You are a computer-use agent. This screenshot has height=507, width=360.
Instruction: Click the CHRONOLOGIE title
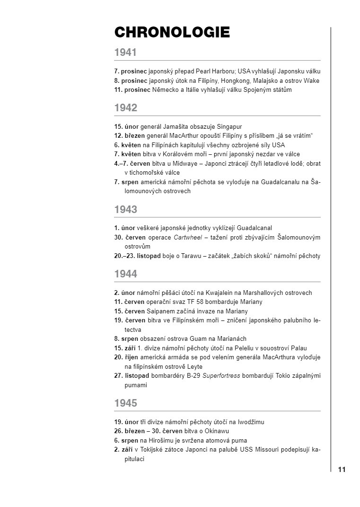pyautogui.click(x=172, y=32)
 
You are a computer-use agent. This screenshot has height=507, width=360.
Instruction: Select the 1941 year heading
pyautogui.click(x=125, y=53)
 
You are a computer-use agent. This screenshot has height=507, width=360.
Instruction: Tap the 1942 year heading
pyautogui.click(x=125, y=108)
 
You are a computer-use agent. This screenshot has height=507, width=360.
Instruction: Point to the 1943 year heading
pyautogui.click(x=125, y=209)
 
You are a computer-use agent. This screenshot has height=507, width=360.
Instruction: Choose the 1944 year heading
pyautogui.click(x=125, y=274)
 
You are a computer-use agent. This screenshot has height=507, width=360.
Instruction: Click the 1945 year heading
pyautogui.click(x=125, y=403)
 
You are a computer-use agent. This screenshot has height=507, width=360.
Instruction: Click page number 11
pyautogui.click(x=342, y=470)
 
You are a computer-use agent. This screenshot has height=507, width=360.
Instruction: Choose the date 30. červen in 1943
pyautogui.click(x=134, y=237)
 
